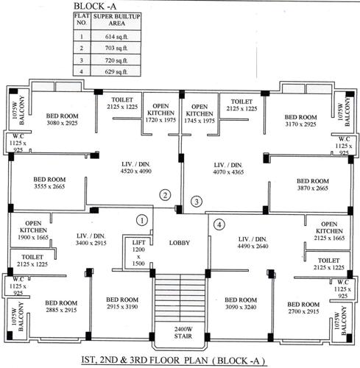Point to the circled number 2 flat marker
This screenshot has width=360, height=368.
pos(166,195)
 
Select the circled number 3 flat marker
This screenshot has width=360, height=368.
pos(196,201)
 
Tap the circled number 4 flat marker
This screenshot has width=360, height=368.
pos(218,224)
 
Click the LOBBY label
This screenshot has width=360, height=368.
pos(180,243)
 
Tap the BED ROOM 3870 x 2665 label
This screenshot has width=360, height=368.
pos(312,183)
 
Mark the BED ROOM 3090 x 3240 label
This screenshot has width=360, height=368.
pos(241,304)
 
